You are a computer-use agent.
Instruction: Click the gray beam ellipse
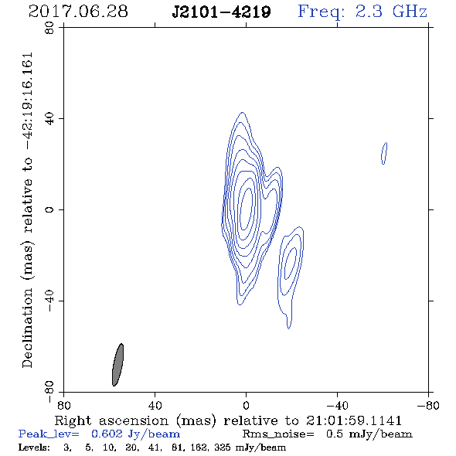117,365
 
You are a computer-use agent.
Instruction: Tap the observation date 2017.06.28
78,12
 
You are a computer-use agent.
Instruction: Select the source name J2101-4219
221,12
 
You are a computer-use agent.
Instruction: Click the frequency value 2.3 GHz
391,12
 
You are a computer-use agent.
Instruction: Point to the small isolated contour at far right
384,153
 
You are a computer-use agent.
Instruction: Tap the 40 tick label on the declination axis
49,119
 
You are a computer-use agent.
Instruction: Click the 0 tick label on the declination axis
49,209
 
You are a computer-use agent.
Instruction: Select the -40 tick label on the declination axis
49,301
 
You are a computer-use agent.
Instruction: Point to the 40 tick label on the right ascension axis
155,406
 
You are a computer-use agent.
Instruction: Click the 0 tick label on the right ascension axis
246,406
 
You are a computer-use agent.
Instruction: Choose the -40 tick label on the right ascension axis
337,406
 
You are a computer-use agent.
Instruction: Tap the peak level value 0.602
107,434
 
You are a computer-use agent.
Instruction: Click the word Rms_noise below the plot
278,434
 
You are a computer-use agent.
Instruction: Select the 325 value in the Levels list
222,447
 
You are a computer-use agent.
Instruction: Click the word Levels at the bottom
34,447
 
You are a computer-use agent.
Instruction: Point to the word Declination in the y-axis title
27,328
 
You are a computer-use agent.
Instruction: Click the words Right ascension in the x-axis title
111,420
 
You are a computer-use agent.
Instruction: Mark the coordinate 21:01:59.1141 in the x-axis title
354,420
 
